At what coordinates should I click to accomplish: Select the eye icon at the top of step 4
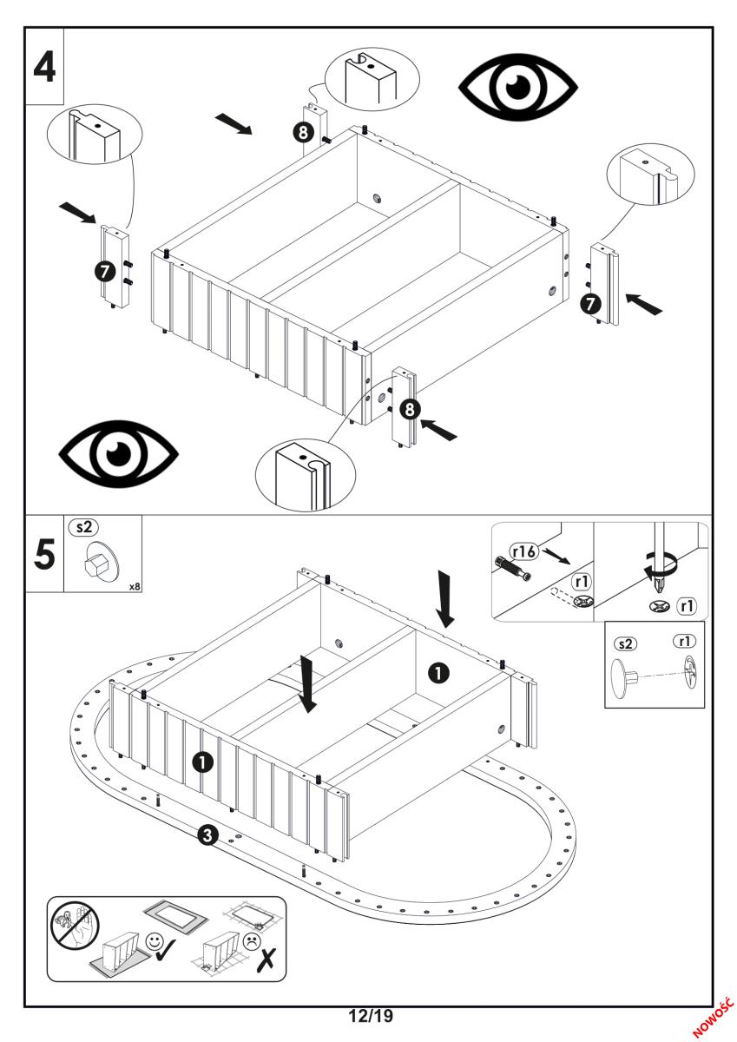[518, 87]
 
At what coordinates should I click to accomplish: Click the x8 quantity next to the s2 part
[135, 586]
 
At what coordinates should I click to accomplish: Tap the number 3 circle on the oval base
[207, 835]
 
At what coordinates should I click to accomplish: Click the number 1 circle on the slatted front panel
[202, 762]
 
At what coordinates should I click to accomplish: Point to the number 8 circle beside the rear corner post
[302, 132]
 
